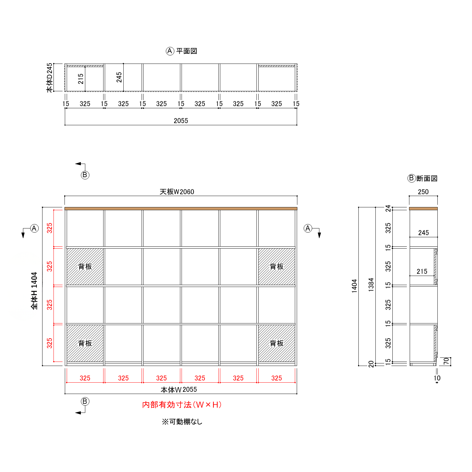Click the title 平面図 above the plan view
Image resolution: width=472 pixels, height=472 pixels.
187,51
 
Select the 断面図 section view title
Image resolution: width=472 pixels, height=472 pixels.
427,178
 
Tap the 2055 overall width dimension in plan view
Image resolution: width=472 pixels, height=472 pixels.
181,121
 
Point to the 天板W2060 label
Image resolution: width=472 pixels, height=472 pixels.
177,192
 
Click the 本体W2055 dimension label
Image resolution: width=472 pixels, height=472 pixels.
179,390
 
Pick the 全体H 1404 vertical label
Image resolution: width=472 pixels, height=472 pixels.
34,291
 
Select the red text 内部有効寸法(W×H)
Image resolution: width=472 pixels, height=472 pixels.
182,405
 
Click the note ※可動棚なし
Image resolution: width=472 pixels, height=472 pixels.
182,422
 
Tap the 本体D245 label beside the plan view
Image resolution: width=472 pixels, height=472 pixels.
49,78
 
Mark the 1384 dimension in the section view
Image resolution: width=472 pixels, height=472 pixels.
371,285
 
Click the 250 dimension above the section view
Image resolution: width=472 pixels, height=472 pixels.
423,192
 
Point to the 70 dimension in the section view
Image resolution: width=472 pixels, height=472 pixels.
446,361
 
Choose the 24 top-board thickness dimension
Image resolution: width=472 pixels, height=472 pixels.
388,208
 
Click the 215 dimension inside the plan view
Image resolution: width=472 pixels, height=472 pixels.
81,79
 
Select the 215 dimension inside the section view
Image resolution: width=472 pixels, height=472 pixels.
422,272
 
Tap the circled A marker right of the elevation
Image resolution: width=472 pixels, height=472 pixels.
308,228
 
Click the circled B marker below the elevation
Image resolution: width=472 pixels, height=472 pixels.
85,401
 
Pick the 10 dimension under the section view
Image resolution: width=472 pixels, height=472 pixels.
437,378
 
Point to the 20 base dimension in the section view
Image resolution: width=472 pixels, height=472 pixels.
371,364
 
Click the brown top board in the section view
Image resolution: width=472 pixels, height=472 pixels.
423,209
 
